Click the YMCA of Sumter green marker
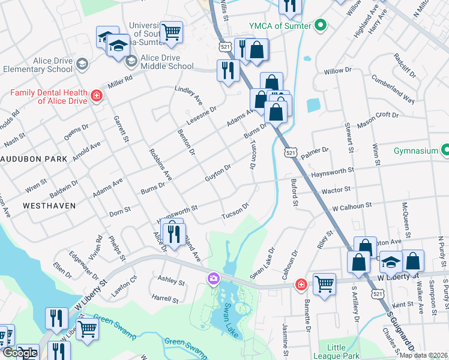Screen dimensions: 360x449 321,25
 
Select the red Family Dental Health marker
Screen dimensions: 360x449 95,96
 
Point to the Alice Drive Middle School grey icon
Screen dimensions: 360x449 131,61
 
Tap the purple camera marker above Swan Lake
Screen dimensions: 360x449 213,278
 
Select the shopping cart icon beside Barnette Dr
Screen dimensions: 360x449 324,284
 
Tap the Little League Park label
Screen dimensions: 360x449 348,352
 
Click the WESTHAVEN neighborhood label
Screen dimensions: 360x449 49,205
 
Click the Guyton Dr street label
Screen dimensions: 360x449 218,173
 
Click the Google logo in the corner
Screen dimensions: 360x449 20,353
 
